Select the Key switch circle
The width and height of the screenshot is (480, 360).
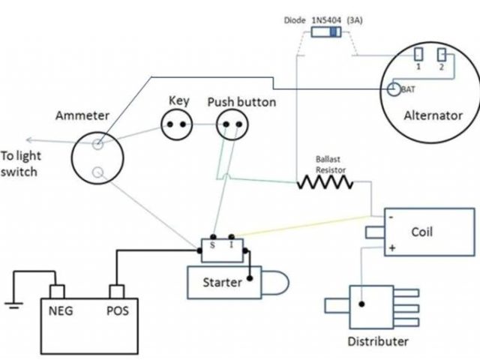tap(178, 124)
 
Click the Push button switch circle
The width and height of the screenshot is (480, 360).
tap(231, 124)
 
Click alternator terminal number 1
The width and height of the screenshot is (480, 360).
tap(418, 55)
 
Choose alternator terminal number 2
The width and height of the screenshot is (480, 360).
tap(442, 55)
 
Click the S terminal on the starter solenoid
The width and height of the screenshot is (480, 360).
tap(214, 244)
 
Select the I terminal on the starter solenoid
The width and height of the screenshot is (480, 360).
tap(231, 244)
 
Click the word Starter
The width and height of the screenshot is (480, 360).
tap(223, 283)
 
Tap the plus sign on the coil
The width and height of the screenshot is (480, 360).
tap(391, 247)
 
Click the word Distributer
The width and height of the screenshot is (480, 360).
tap(377, 342)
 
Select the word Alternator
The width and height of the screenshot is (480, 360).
tap(433, 115)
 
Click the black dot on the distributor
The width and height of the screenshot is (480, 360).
tap(361, 305)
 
